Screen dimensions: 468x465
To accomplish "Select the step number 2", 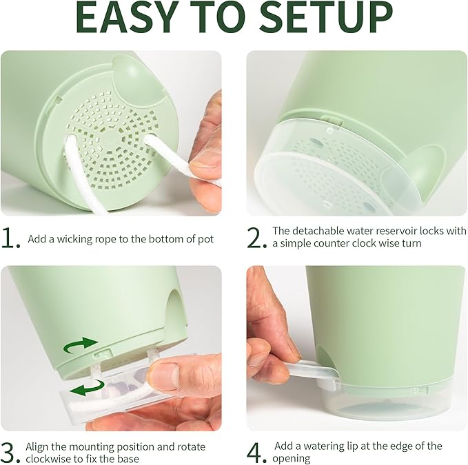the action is pos(256,238).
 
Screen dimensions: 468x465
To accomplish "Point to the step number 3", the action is pos(10,453).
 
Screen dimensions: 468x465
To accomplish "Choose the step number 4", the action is pos(256,453).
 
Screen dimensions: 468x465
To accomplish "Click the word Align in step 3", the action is pos(37,447).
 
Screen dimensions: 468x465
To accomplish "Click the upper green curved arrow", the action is pos(81,345).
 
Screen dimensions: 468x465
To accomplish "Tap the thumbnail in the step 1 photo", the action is pos(205,160).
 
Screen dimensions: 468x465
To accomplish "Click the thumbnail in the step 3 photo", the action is pos(163,374).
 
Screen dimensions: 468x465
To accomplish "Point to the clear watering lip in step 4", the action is pos(314,371).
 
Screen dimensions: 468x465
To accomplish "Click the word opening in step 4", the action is pos(291,458).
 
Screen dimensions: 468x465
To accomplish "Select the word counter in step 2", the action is pos(329,243).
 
